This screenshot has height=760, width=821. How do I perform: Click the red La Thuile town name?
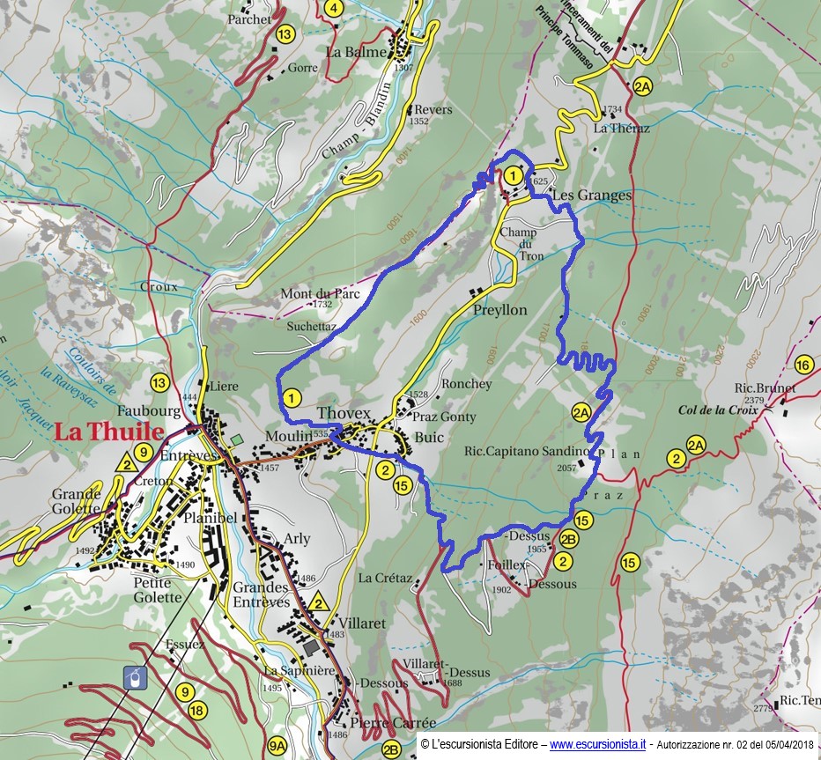pos(109,432)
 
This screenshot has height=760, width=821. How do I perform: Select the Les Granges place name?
pos(592,196)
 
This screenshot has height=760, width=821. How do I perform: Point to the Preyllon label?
pos(499,310)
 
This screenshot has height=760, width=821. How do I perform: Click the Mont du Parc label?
pos(321,294)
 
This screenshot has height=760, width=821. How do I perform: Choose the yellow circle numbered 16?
pos(803,365)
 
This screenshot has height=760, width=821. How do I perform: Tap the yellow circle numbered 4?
pos(333,9)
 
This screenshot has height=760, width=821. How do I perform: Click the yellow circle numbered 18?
pos(196,711)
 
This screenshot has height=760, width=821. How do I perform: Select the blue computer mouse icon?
pos(132,677)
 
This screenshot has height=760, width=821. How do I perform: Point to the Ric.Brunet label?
pos(765,387)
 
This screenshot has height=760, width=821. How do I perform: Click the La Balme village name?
pos(356,52)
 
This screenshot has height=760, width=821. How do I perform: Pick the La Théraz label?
pos(621,129)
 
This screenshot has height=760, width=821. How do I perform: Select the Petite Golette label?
pos(158,589)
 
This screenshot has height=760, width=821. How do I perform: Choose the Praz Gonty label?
pos(444,417)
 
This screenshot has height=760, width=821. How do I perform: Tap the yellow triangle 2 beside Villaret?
pos(319,603)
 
